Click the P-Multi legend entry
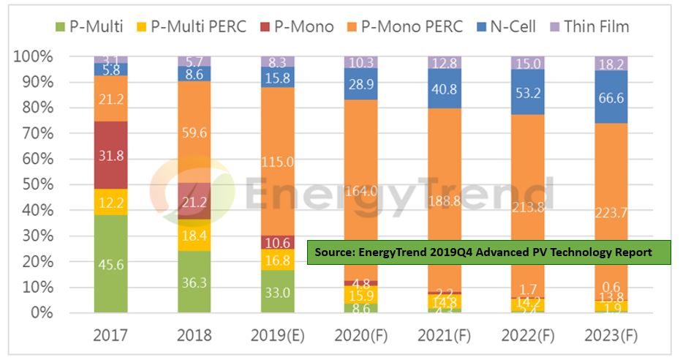click(94, 27)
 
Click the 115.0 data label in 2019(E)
click(279, 161)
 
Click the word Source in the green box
click(335, 252)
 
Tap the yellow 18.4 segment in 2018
click(194, 235)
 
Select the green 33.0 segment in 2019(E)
click(279, 291)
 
